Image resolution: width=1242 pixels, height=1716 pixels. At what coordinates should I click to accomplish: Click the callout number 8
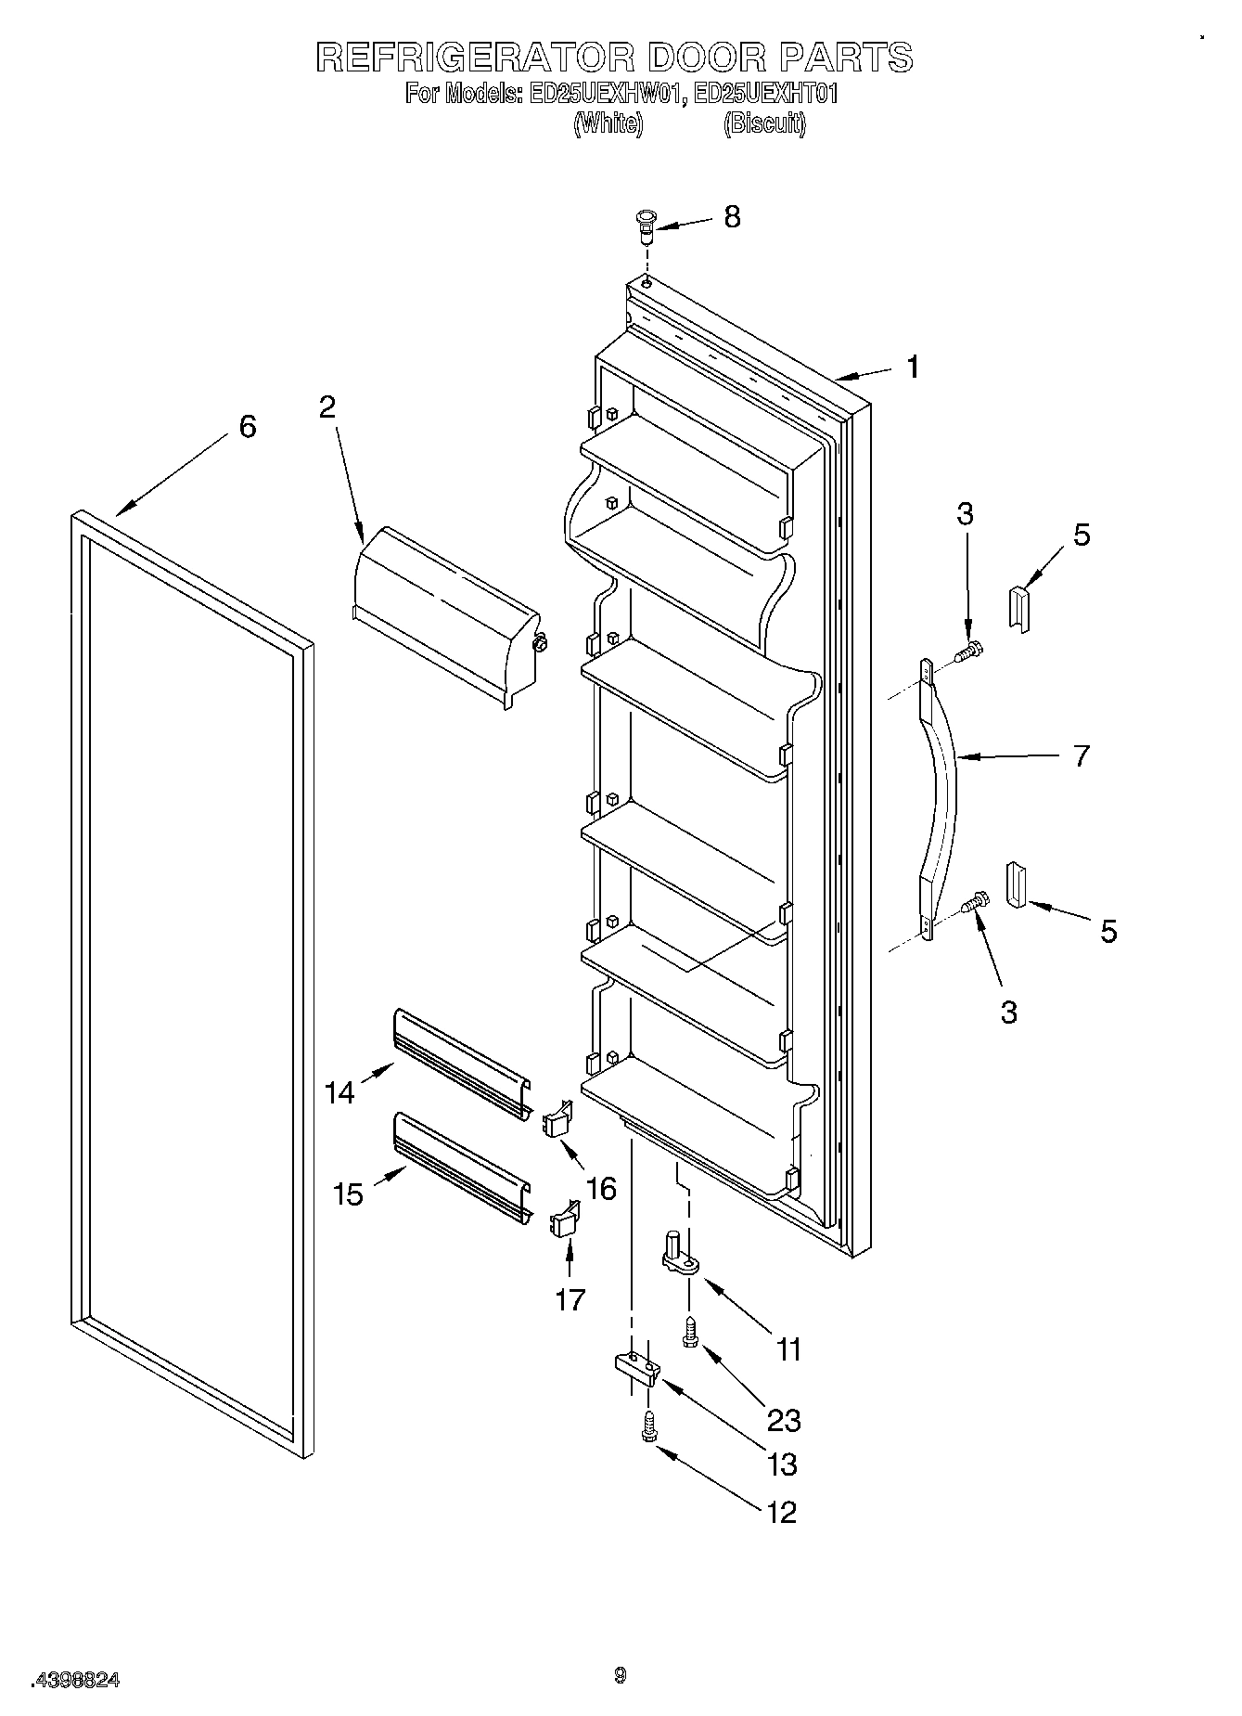(732, 217)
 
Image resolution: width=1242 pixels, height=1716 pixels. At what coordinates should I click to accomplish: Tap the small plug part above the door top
(645, 224)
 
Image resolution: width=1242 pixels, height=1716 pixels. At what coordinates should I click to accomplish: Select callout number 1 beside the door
(913, 368)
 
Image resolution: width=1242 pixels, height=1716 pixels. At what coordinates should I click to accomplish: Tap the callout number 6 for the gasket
(247, 427)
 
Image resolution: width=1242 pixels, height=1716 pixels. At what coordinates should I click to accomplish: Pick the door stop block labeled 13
(636, 1367)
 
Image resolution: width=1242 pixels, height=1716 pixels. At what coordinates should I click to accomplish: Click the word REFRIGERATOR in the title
(474, 58)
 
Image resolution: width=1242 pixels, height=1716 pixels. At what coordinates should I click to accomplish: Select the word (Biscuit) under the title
(764, 123)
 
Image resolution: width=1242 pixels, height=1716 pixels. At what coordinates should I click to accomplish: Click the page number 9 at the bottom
(620, 1675)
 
